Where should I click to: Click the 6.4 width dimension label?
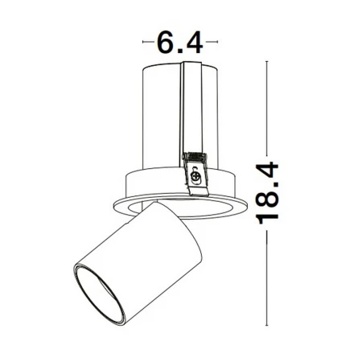pos(179,43)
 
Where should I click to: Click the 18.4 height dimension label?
pos(267,193)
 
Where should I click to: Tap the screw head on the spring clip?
pos(195,177)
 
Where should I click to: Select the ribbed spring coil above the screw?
pos(195,157)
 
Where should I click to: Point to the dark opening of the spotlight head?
pos(99,294)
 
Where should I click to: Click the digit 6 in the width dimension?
pos(167,43)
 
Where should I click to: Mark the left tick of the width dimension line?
pos(143,42)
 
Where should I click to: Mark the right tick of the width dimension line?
pos(217,42)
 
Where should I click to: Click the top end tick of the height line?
pos(266,62)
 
